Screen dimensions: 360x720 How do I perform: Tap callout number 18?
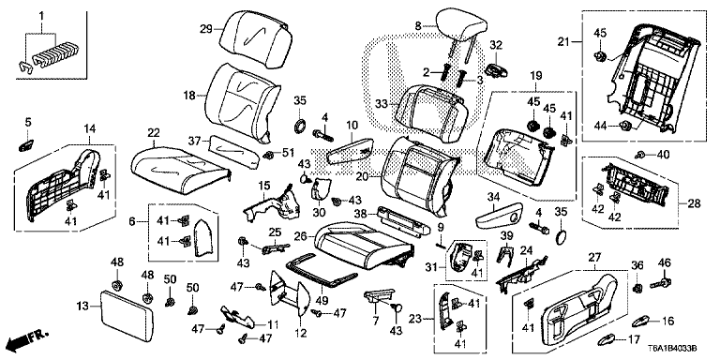(189, 96)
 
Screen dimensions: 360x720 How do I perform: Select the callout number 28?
(695, 203)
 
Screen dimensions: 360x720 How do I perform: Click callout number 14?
(89, 127)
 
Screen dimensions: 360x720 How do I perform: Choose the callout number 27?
(592, 257)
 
